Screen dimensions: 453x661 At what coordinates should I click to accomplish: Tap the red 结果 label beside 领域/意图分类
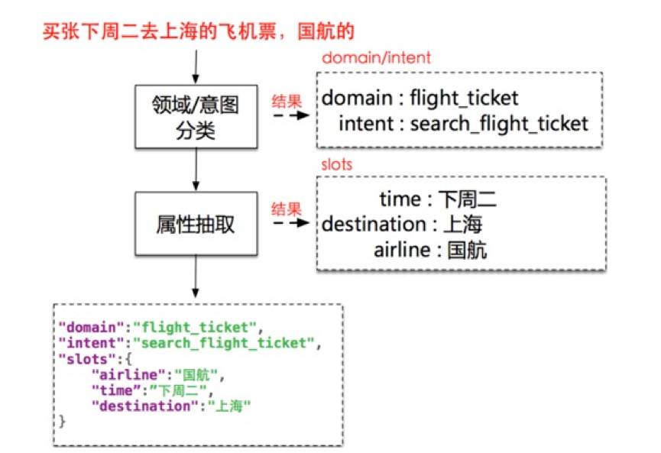287,100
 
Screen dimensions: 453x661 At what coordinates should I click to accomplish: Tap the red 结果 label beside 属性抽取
287,208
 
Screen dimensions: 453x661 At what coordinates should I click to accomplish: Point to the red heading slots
337,164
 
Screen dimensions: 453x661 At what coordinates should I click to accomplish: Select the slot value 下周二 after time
467,200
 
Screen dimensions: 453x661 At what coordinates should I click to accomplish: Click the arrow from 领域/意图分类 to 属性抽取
197,169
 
